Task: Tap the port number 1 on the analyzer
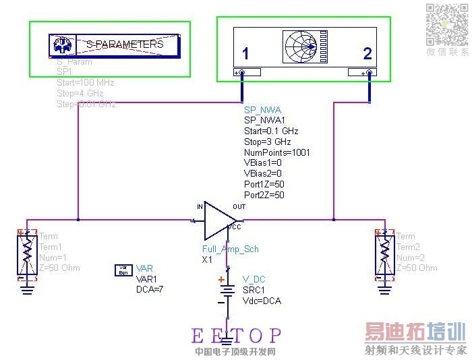[x=245, y=54]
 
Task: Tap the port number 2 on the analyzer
[x=367, y=54]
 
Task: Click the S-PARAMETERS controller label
[x=125, y=44]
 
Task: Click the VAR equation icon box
[x=124, y=270]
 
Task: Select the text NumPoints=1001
[x=276, y=152]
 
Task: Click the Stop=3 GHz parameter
[x=267, y=142]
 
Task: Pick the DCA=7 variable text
[x=150, y=289]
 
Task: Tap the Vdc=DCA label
[x=262, y=301]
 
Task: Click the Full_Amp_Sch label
[x=231, y=249]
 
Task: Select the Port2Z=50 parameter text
[x=264, y=195]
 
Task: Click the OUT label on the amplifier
[x=239, y=206]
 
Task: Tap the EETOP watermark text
[x=236, y=335]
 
